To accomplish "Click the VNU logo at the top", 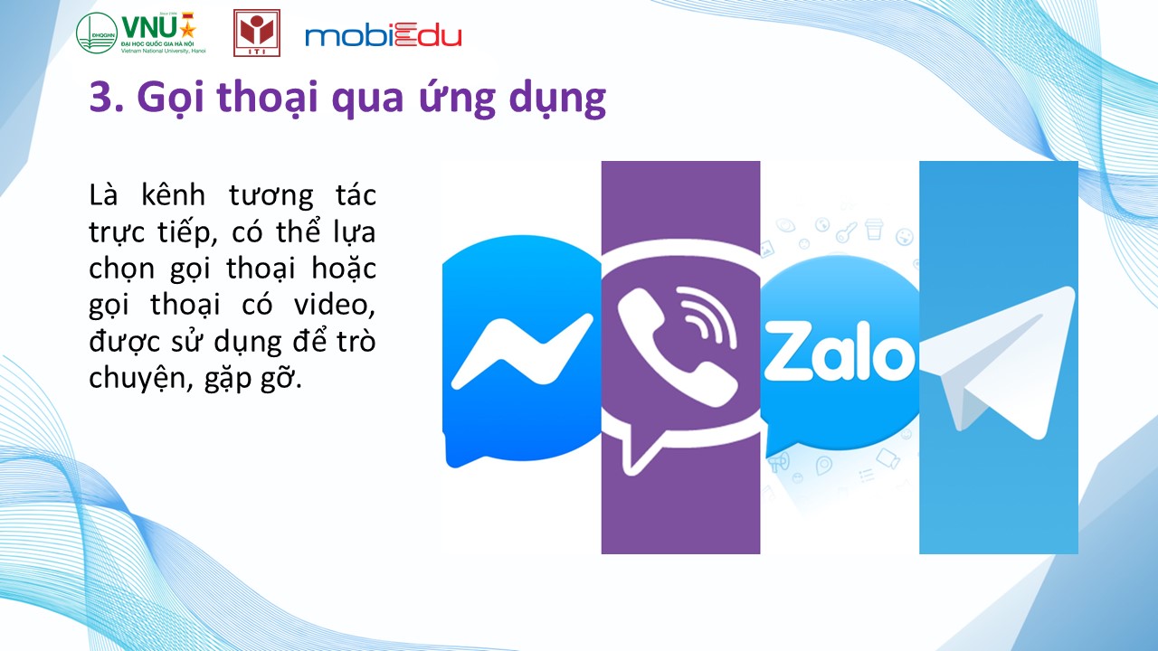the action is (141, 33).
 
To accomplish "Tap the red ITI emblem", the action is (257, 33).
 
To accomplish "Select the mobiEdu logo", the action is (383, 35).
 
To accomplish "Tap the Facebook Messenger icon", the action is (522, 352).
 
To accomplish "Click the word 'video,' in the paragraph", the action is (335, 305).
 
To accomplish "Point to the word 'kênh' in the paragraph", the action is (173, 195).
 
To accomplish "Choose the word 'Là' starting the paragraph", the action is (103, 195).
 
